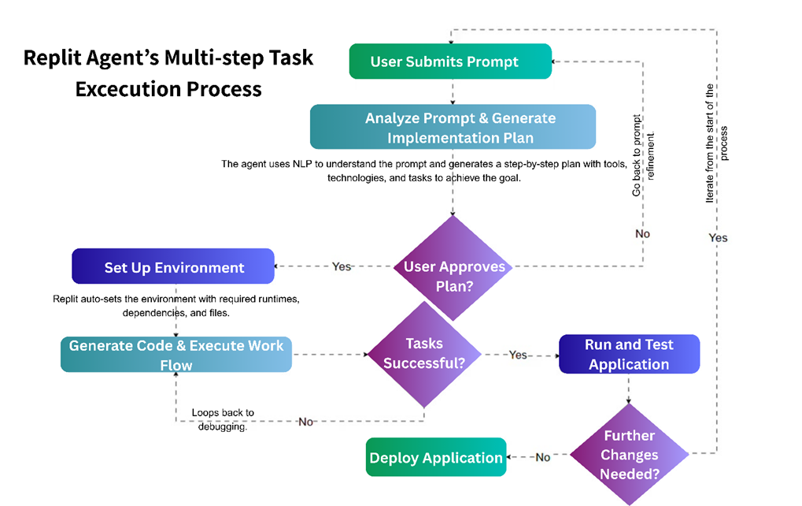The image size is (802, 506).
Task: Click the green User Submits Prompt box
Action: [x=449, y=61]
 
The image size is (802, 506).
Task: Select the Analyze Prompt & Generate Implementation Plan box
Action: [x=452, y=128]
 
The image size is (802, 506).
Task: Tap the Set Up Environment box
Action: [x=173, y=267]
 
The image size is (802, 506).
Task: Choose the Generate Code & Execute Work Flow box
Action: [x=176, y=355]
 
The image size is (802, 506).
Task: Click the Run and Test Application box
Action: [x=628, y=354]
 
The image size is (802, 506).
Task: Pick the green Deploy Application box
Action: [x=436, y=458]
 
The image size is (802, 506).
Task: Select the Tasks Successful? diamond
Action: [x=424, y=354]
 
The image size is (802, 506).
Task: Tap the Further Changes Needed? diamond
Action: [x=629, y=455]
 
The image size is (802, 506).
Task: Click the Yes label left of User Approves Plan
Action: [x=342, y=266]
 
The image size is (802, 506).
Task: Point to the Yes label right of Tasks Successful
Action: [x=518, y=355]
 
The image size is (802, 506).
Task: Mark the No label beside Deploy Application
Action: [x=542, y=457]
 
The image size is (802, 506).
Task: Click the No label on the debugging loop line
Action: [x=306, y=422]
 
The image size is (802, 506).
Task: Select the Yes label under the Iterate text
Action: [x=717, y=237]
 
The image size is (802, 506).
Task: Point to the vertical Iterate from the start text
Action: [x=716, y=142]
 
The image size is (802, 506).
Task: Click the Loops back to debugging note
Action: [x=223, y=420]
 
